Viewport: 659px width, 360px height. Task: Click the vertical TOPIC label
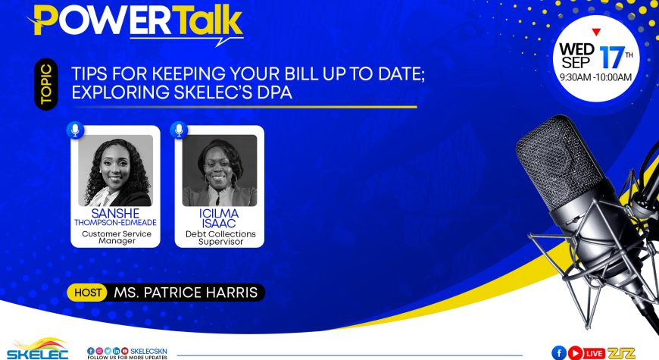[46, 84]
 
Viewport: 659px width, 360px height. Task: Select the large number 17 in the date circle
[611, 57]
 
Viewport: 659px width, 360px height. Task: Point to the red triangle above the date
[596, 32]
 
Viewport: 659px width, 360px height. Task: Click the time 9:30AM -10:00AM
[596, 77]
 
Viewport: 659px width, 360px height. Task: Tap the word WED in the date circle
[576, 49]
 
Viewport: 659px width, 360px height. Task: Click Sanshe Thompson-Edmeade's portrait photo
[116, 171]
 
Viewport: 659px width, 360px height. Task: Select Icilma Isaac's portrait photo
[220, 171]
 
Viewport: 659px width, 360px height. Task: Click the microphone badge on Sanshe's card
[75, 130]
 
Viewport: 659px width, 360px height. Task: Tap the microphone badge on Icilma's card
[179, 130]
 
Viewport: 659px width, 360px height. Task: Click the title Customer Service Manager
[117, 237]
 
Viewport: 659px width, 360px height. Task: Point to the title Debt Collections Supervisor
[220, 238]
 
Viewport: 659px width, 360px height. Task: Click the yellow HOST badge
[87, 293]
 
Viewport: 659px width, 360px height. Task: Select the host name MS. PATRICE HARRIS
[186, 293]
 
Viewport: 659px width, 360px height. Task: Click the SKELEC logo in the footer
[37, 349]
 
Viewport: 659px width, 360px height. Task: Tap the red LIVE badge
[595, 353]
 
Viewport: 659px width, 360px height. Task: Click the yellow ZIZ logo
[621, 353]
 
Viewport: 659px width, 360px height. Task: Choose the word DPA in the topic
[274, 92]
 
